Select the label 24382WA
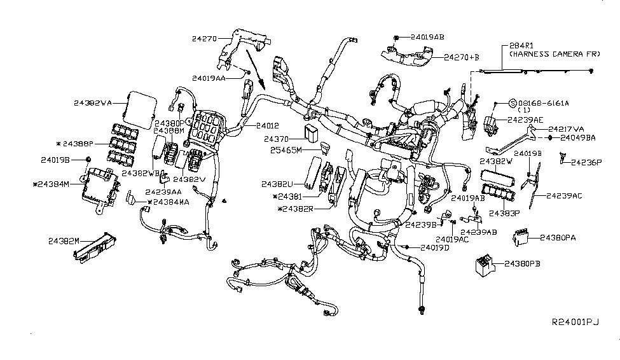pyautogui.click(x=93, y=102)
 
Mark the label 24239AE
pyautogui.click(x=525, y=119)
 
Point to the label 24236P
pyautogui.click(x=586, y=162)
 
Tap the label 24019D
pyautogui.click(x=434, y=247)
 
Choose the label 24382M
pyautogui.click(x=64, y=241)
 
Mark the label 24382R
pyautogui.click(x=299, y=209)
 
